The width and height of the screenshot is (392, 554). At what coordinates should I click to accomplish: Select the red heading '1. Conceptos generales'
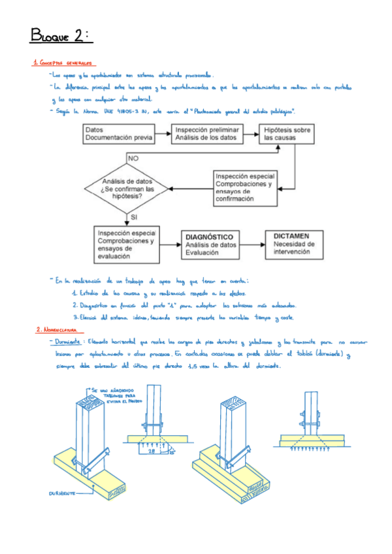[x=63, y=63]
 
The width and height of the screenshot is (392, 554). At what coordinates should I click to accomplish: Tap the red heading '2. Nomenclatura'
[x=57, y=330]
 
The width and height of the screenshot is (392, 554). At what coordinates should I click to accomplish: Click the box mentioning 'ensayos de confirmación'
[x=244, y=187]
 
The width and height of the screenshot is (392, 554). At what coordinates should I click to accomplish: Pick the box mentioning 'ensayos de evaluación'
[x=126, y=244]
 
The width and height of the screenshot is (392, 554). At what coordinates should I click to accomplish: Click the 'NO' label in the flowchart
[x=133, y=158]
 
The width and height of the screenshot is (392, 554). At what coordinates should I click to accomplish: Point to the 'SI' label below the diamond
[x=133, y=216]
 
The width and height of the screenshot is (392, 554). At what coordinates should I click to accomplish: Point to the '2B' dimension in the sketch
[x=151, y=450]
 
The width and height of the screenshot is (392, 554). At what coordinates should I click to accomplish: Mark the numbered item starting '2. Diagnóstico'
[x=183, y=305]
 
